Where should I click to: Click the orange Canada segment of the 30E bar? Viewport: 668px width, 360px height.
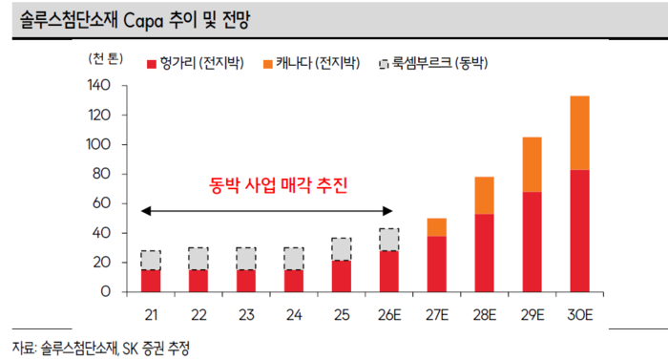(x=579, y=133)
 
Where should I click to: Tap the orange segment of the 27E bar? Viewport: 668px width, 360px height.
(x=437, y=227)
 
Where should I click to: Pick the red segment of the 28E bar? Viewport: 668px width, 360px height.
(x=484, y=253)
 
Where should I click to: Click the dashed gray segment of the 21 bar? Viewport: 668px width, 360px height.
(x=151, y=260)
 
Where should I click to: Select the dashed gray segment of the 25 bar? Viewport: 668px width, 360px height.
(x=342, y=248)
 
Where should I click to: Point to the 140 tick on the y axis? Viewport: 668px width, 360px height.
(x=98, y=86)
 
